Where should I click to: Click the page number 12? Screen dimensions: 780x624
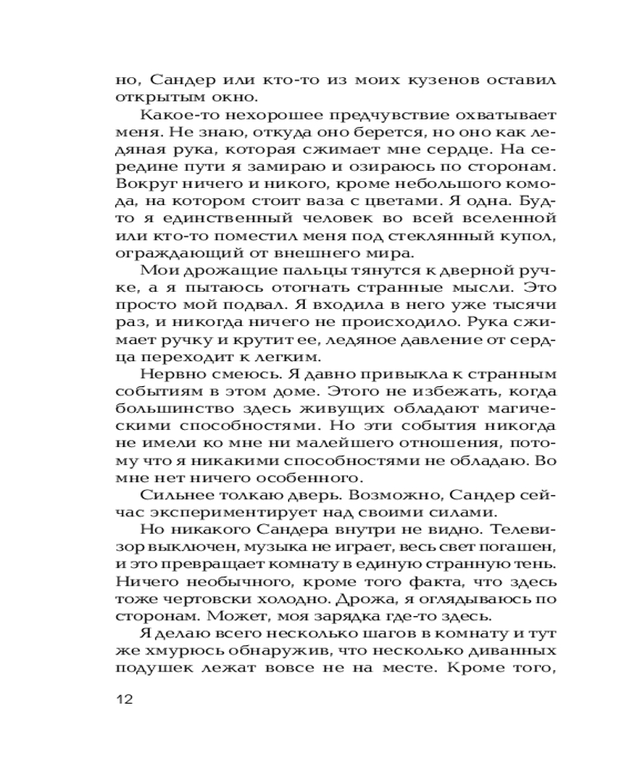(x=125, y=699)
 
